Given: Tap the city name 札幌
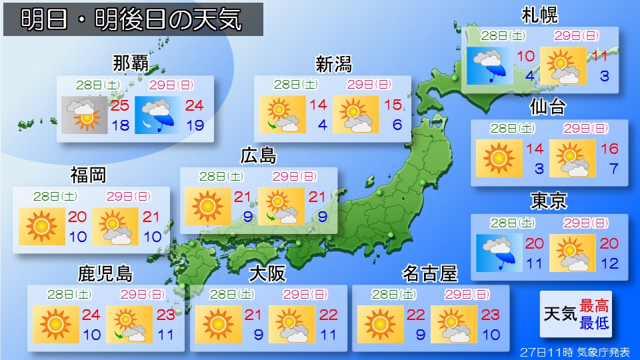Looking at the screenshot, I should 540,15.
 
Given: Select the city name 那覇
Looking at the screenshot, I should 130,64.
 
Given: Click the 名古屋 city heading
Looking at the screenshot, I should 430,274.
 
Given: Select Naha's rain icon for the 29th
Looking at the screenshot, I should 158,115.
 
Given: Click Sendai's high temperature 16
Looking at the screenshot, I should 609,149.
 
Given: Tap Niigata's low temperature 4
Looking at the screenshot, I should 321,125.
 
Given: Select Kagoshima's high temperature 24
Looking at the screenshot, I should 91,314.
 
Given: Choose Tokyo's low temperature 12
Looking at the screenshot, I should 609,263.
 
